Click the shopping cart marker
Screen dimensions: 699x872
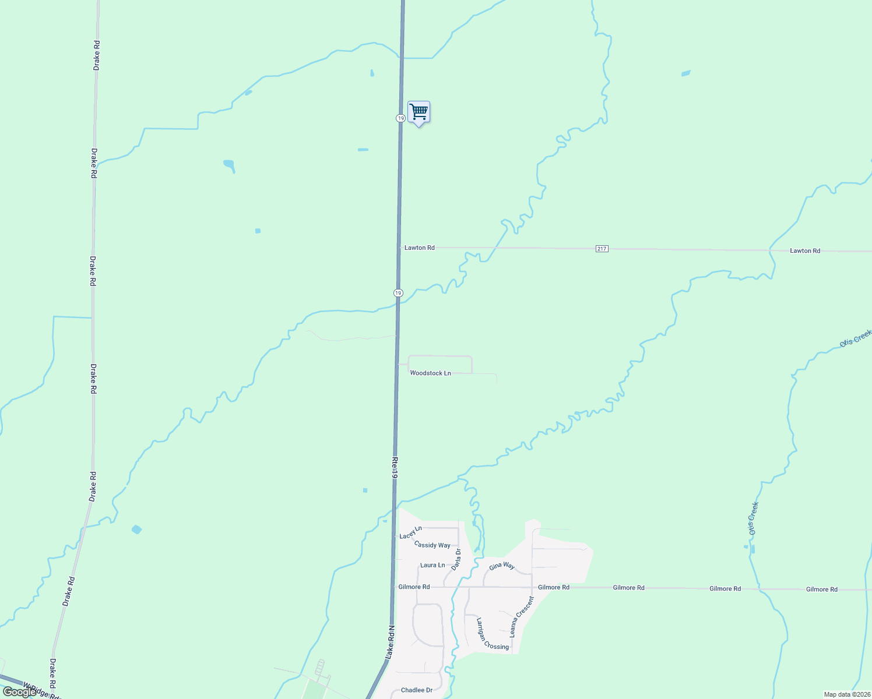point(419,112)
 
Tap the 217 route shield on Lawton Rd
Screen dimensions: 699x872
point(602,249)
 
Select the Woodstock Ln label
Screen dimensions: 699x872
point(430,373)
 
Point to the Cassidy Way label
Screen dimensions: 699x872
point(432,545)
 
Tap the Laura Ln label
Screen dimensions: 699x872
point(433,565)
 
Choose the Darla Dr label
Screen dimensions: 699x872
point(456,559)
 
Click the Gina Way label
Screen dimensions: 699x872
point(501,566)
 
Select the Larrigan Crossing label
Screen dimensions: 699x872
point(493,634)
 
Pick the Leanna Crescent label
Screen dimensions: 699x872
point(522,616)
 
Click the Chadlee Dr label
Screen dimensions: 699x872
point(417,690)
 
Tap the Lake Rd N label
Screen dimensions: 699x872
point(391,643)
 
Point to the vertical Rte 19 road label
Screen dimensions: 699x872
point(395,468)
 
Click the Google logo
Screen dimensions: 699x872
point(19,691)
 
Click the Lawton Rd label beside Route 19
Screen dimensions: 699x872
point(419,248)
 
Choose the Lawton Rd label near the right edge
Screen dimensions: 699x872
point(805,250)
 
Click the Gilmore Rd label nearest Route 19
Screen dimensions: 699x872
point(414,587)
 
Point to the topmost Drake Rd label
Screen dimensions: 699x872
point(97,56)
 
